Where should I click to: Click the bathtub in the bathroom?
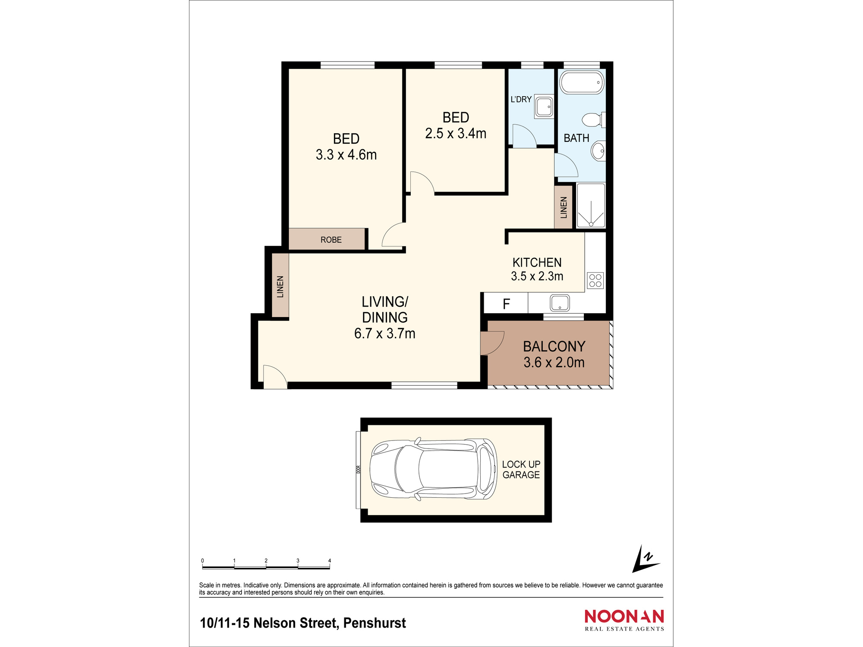[581, 82]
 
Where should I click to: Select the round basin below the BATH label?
[598, 151]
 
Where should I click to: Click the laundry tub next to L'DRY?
[544, 106]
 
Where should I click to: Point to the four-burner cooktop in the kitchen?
[595, 280]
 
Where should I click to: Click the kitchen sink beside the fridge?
[560, 302]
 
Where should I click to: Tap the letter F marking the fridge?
[506, 304]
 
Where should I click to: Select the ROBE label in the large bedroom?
[331, 240]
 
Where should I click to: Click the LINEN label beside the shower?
[564, 207]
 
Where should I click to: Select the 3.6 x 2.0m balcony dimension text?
[554, 362]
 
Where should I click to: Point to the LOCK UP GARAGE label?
[521, 469]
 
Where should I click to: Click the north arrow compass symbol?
[645, 559]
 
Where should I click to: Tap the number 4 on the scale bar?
[330, 561]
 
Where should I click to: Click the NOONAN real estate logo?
[624, 620]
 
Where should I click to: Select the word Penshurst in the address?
[375, 623]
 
